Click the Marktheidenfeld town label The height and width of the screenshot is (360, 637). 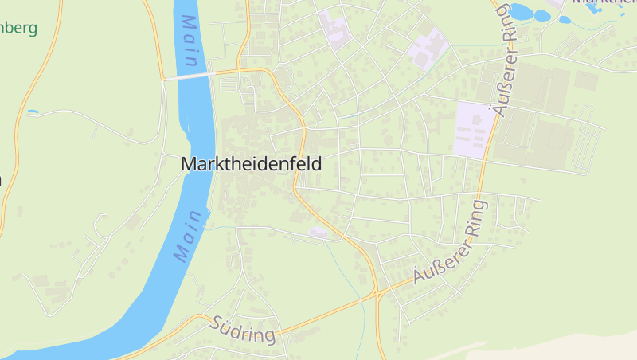click(252, 164)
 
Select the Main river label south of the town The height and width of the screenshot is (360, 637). click(189, 235)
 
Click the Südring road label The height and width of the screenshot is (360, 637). click(244, 330)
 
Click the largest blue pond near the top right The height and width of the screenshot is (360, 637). click(521, 11)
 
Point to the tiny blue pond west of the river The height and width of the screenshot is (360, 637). click(32, 112)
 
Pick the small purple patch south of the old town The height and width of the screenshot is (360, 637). click(318, 232)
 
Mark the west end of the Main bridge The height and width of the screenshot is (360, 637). click(166, 79)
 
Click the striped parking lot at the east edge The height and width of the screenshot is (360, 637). click(588, 147)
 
